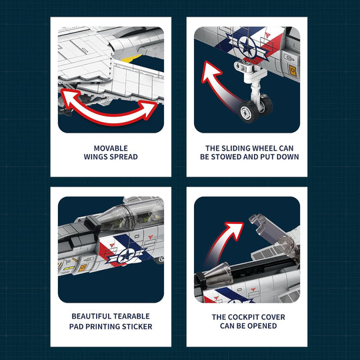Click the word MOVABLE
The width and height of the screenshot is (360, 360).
tap(111, 148)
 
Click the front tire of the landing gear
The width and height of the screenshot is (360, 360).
tap(249, 111)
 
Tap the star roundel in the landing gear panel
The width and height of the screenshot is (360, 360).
tap(247, 46)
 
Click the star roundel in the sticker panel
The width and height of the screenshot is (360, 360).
tap(126, 255)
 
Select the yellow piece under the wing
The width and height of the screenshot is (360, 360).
tap(131, 59)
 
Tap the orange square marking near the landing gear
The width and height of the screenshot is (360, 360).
tap(293, 70)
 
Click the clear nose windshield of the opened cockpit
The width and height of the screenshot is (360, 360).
tap(218, 275)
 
